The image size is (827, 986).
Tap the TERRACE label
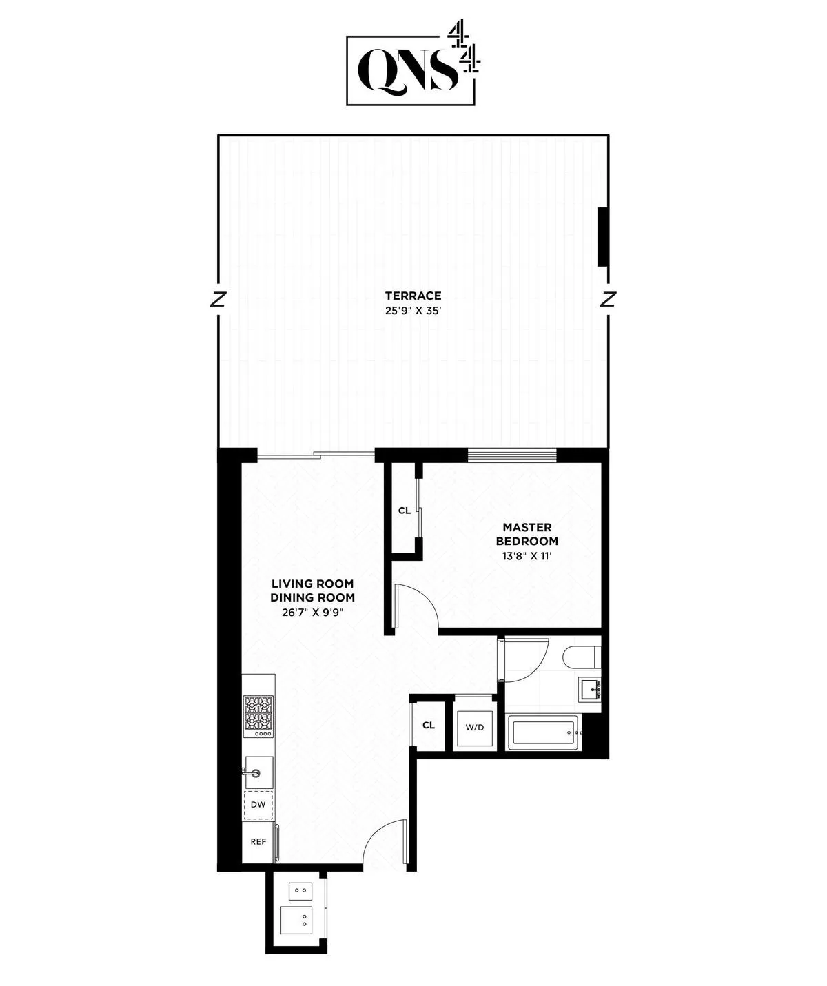pos(413,296)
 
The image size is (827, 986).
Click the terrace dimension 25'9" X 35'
pos(413,311)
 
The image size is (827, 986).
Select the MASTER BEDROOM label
pos(527,534)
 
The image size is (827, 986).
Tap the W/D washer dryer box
pos(475,727)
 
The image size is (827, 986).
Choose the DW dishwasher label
pos(258,805)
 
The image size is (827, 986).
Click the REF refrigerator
pos(258,841)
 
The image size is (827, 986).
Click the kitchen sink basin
pos(259,771)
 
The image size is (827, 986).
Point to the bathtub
pos(543,732)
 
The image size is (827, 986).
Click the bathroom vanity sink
pos(590,688)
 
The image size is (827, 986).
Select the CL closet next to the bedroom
pos(405,511)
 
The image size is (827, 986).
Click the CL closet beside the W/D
pos(429,725)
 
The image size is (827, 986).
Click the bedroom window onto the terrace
pos(511,454)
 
